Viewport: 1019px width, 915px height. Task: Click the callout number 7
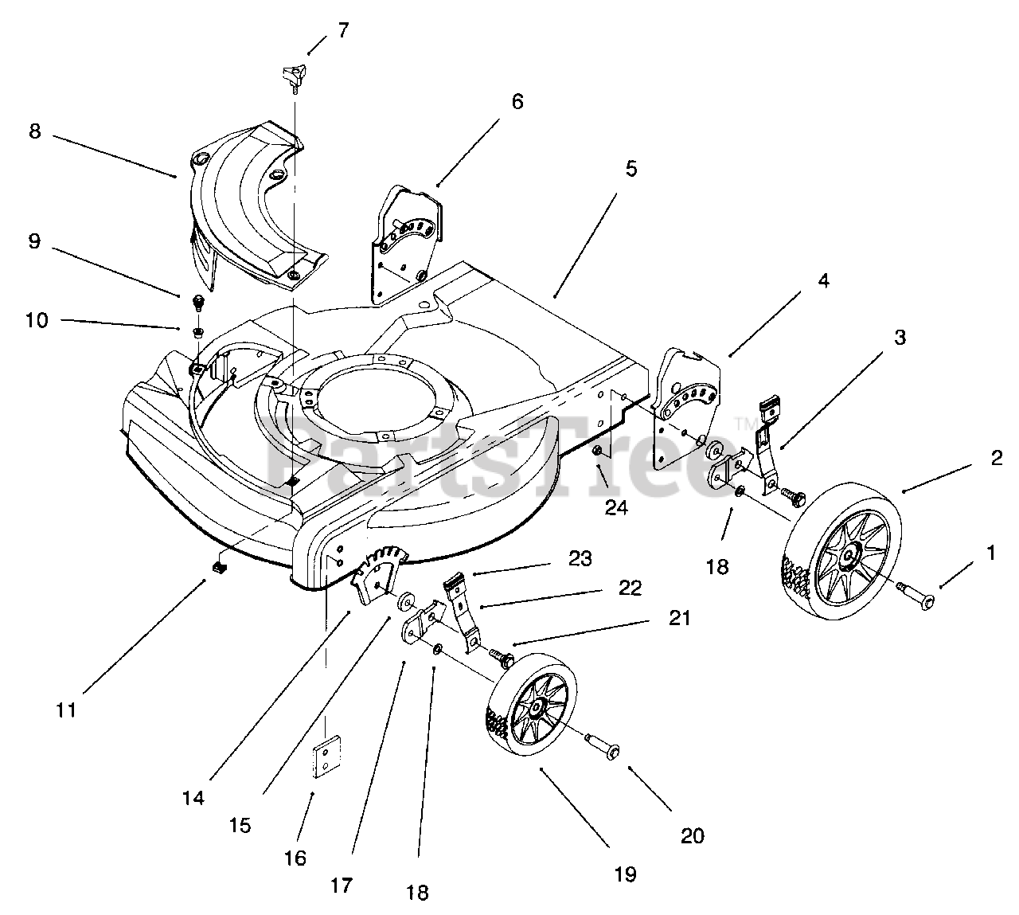click(343, 31)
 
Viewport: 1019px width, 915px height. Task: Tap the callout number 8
click(34, 131)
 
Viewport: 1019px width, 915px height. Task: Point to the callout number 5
click(631, 169)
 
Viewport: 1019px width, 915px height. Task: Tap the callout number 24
click(615, 507)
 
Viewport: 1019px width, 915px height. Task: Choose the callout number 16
click(295, 858)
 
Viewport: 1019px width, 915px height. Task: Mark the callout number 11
click(66, 710)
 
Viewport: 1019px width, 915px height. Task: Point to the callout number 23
click(580, 559)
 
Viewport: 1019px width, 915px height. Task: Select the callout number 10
click(37, 320)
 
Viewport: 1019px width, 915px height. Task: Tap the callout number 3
click(899, 338)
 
